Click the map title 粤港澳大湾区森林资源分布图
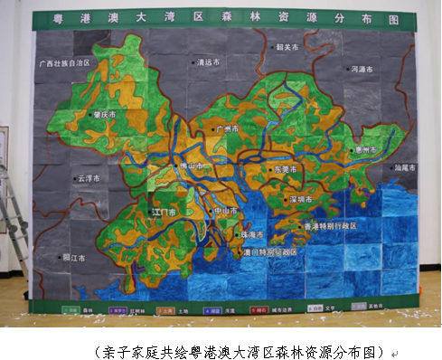[221, 18]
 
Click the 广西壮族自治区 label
[66, 64]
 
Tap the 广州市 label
[227, 130]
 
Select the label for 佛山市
[187, 166]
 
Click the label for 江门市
[165, 212]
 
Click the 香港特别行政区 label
[329, 225]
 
